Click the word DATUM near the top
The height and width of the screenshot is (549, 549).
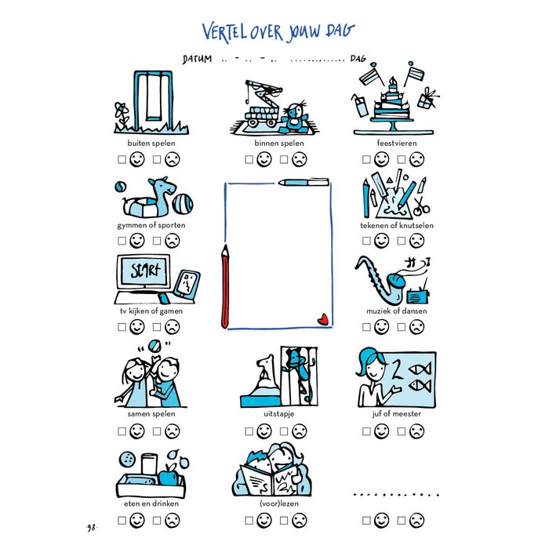pyautogui.click(x=197, y=59)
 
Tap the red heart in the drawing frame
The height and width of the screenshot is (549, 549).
pyautogui.click(x=323, y=319)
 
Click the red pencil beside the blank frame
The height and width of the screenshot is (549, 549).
pyautogui.click(x=225, y=286)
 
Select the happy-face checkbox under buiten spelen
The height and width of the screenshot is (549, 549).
pyautogui.click(x=122, y=160)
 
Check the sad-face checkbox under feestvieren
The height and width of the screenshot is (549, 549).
pyautogui.click(x=402, y=160)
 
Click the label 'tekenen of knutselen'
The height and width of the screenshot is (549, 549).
pyautogui.click(x=397, y=226)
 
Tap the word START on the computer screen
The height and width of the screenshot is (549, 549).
pyautogui.click(x=145, y=271)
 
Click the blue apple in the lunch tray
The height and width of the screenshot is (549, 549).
pyautogui.click(x=169, y=475)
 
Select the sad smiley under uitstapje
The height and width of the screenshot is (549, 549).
pyautogui.click(x=300, y=431)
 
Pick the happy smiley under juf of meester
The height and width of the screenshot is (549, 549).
pyautogui.click(x=381, y=431)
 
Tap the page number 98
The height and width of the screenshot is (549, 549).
pyautogui.click(x=92, y=527)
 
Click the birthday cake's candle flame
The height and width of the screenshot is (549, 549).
pyautogui.click(x=393, y=81)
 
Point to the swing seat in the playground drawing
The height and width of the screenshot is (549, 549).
pyautogui.click(x=152, y=118)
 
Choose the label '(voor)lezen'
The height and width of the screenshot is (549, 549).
pyautogui.click(x=279, y=504)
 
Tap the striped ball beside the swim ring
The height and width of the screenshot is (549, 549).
pyautogui.click(x=183, y=205)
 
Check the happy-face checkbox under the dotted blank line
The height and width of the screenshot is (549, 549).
pyautogui.click(x=366, y=520)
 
